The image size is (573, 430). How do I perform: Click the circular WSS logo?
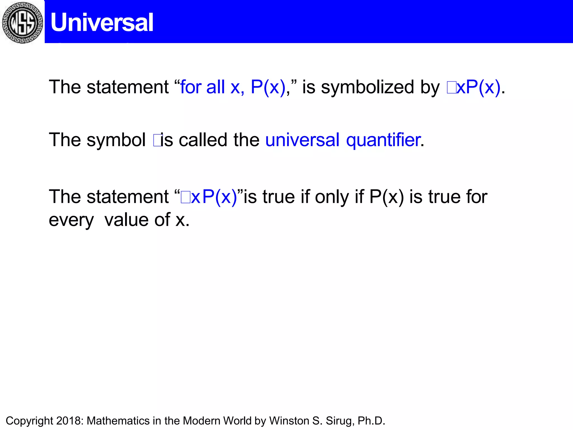tap(22, 22)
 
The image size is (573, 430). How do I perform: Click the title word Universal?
tap(102, 22)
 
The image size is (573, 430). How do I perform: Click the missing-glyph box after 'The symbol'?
tap(158, 141)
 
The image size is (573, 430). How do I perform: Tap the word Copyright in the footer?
tap(29, 421)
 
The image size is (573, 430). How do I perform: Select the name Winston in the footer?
tap(289, 421)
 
